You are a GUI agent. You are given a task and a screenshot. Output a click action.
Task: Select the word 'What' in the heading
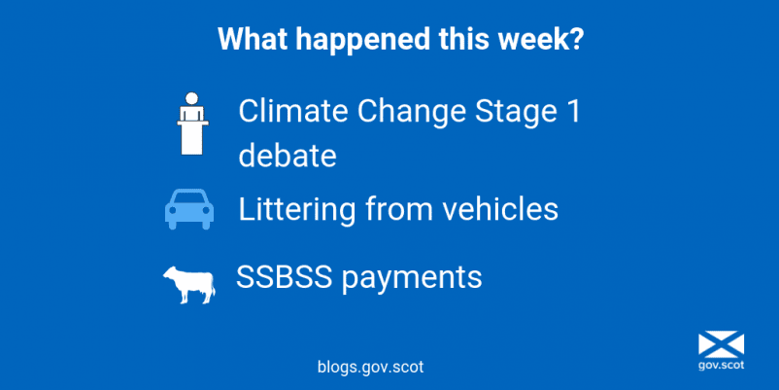click(253, 38)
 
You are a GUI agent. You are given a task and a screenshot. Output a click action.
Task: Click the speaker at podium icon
click(192, 124)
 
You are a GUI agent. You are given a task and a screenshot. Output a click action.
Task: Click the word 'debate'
click(288, 155)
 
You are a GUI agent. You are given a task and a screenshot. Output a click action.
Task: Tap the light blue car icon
click(189, 208)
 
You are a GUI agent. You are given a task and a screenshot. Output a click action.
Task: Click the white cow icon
click(189, 284)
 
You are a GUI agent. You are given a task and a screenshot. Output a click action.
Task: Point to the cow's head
click(170, 274)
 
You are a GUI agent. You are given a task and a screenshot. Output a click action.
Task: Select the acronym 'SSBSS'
click(284, 277)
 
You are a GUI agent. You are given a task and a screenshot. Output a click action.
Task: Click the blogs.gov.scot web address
click(371, 367)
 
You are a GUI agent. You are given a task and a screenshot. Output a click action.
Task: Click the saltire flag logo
click(721, 345)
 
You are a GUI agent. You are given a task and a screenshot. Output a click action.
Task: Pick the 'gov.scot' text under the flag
click(721, 367)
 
